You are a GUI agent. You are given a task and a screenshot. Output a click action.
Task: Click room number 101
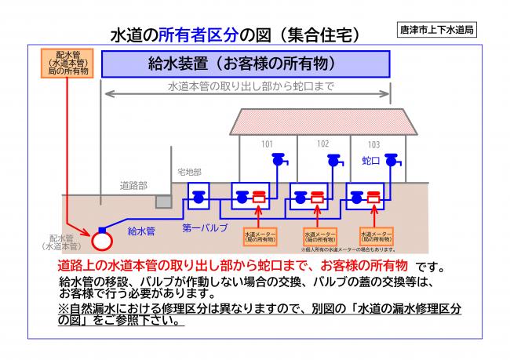point(268,144)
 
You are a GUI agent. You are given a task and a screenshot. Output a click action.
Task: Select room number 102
point(323,144)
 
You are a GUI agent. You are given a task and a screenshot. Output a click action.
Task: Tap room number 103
point(373,145)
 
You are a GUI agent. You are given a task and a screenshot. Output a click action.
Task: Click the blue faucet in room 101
point(278,160)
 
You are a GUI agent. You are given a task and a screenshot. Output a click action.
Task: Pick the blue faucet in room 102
point(334,160)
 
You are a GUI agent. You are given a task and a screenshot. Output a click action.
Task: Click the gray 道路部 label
point(133,186)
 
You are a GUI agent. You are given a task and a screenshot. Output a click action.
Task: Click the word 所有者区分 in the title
point(192,35)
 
